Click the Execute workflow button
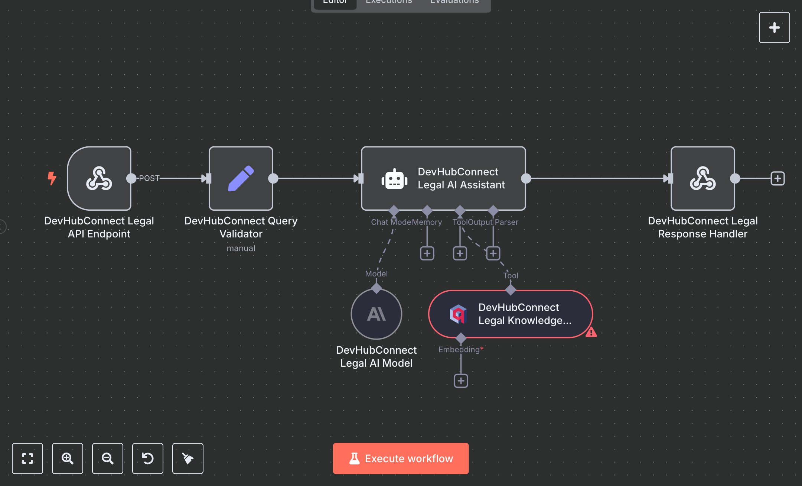pos(401,458)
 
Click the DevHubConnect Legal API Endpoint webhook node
pos(99,178)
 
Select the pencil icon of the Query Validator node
pos(241,178)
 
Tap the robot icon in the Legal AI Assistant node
pos(394,179)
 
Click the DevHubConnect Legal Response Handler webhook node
pos(702,178)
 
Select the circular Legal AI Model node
pos(376,314)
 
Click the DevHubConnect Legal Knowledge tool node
pos(511,314)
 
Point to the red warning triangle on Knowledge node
pos(591,332)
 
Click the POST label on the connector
pos(149,178)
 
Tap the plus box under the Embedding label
pos(461,381)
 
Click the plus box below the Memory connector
pos(427,253)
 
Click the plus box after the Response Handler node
pos(777,178)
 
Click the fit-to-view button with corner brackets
pos(27,458)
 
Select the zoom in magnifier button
pos(68,458)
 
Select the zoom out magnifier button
pos(108,458)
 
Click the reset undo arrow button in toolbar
pos(148,458)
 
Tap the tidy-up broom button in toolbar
pos(188,458)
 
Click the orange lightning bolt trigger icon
pos(52,178)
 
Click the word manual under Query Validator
pos(241,248)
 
